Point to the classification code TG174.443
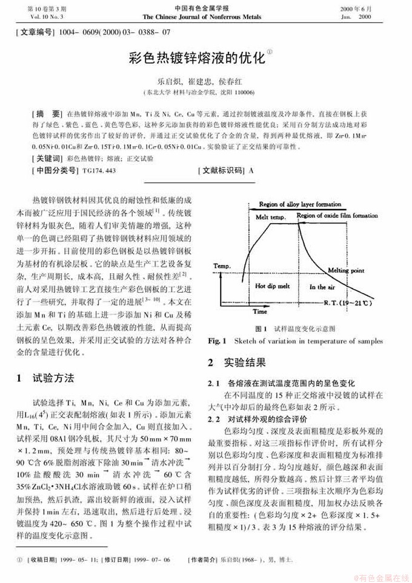click(99, 171)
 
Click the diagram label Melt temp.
click(270, 217)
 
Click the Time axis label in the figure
click(260, 311)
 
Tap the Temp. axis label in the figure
click(222, 265)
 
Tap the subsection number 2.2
click(214, 419)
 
